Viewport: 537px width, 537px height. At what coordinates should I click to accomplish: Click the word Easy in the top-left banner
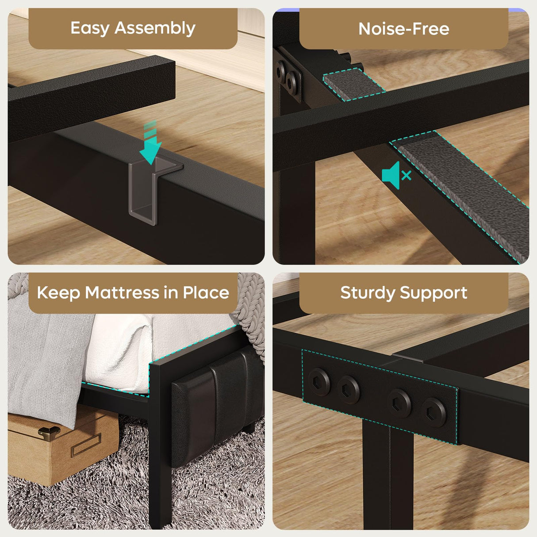(x=90, y=28)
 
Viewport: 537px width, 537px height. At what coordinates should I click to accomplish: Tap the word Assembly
(x=155, y=28)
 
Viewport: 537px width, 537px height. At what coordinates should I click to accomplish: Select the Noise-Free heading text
(x=403, y=29)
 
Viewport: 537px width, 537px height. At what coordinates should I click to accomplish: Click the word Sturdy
(x=368, y=293)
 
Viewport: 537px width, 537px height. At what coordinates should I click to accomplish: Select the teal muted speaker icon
(x=391, y=175)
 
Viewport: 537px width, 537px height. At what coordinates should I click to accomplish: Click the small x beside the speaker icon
(x=407, y=176)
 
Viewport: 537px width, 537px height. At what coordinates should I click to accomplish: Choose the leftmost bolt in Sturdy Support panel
(x=319, y=380)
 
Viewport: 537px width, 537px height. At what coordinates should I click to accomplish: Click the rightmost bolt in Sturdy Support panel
(x=433, y=412)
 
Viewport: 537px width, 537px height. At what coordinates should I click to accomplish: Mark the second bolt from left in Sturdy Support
(x=349, y=389)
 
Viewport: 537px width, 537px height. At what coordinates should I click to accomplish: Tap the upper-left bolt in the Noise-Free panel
(x=281, y=70)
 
